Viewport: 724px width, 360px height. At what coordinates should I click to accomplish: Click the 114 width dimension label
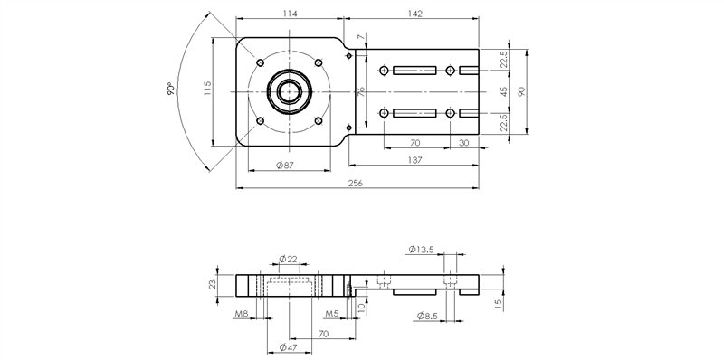tap(289, 14)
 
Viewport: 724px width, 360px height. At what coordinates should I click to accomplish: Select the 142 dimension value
tap(412, 14)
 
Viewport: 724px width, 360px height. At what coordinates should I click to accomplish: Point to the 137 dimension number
tap(415, 159)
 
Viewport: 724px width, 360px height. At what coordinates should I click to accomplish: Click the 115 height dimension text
tap(207, 90)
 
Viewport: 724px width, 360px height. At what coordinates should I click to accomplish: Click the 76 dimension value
tap(360, 92)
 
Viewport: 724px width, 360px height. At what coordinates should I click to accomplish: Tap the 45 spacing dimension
tap(504, 91)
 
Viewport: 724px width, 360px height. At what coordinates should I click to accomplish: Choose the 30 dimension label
tap(463, 143)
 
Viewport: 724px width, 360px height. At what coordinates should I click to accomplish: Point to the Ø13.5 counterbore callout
tap(422, 248)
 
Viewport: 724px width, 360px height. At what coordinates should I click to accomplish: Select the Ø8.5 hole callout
tap(429, 315)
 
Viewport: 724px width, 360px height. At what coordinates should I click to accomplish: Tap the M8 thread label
tap(241, 314)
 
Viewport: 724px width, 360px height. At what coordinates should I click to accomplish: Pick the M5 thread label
tap(332, 314)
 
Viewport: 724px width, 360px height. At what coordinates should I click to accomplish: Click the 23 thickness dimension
tap(212, 284)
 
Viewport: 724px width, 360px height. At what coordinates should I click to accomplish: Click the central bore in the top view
tap(289, 91)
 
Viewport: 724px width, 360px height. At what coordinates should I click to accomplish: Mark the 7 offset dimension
tap(361, 37)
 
